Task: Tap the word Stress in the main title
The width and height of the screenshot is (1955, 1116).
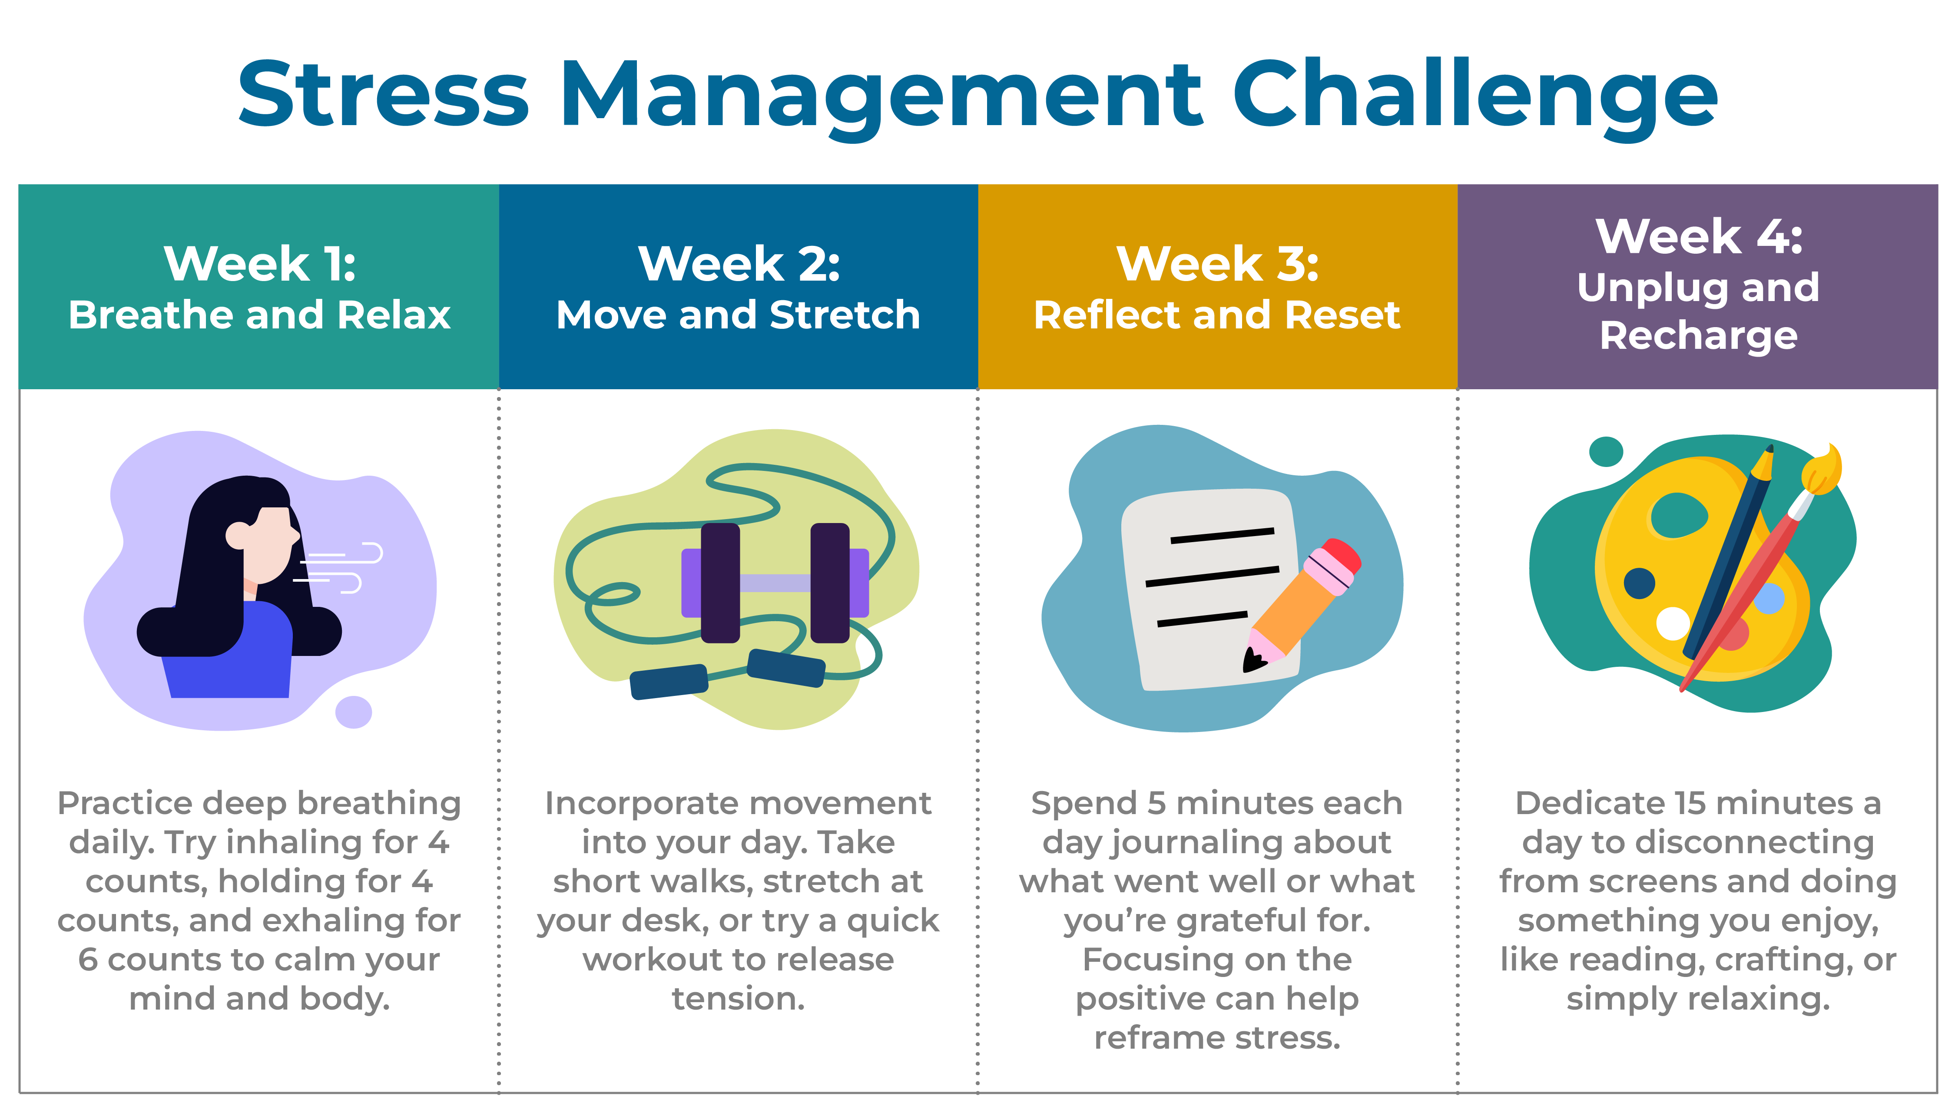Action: click(383, 93)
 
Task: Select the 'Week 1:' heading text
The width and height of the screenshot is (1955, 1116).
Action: click(260, 264)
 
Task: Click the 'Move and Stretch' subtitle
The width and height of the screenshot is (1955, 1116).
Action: click(738, 315)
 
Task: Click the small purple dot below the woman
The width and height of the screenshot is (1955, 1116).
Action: click(353, 712)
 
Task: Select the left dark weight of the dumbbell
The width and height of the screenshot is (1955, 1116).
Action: click(720, 583)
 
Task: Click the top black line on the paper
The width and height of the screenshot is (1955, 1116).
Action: click(1223, 536)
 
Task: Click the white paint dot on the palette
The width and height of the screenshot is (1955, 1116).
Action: click(1673, 623)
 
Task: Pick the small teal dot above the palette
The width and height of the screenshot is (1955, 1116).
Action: click(1606, 451)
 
